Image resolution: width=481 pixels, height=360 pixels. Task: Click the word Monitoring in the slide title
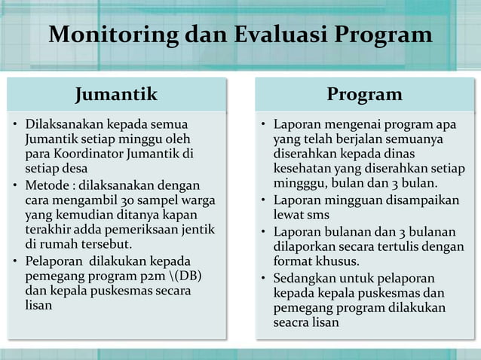point(112,35)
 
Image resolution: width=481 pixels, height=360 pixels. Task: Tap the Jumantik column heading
point(116,94)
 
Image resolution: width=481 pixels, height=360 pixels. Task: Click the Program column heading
point(364,94)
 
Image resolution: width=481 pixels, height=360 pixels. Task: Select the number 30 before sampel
point(114,200)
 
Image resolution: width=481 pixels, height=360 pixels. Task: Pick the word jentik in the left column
point(199,230)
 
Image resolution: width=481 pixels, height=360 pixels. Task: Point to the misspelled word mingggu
point(298,183)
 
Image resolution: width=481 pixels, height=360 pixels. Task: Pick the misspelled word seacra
point(293,323)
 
